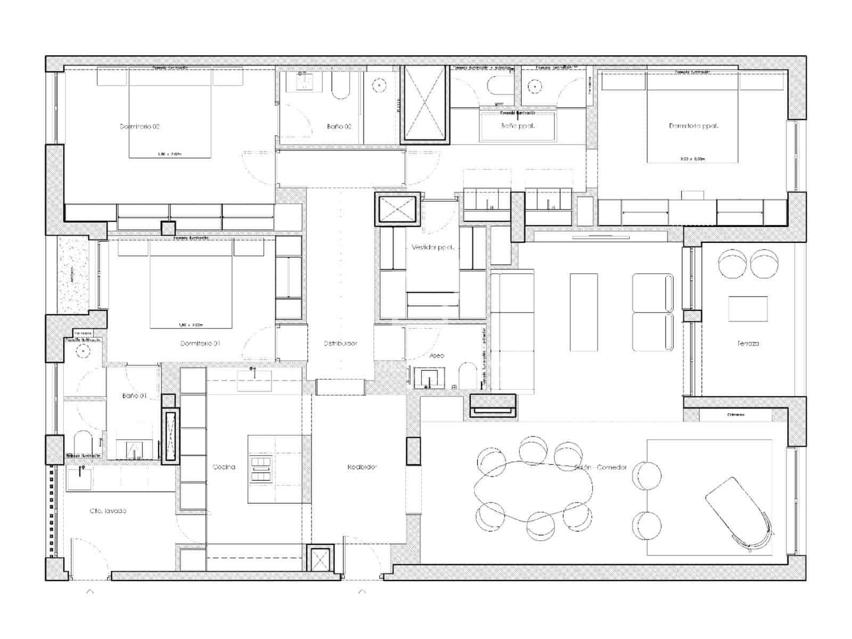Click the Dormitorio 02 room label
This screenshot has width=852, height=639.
140,127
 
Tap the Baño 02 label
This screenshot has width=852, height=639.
339,127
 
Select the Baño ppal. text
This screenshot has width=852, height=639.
518,126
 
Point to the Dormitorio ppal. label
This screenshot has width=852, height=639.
693,126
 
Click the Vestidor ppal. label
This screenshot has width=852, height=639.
432,248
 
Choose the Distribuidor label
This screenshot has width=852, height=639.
340,343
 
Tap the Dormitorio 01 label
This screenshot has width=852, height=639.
200,343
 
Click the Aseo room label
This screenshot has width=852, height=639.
437,355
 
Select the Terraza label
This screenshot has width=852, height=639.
748,343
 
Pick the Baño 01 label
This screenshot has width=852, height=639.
134,396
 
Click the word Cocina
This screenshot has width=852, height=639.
224,467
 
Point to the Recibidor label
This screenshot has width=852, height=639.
362,467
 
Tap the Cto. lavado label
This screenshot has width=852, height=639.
108,511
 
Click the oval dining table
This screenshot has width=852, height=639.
532,490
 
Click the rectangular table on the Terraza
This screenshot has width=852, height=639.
748,309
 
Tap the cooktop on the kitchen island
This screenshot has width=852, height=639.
261,469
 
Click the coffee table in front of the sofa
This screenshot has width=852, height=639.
584,312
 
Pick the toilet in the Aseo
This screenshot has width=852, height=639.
467,375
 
